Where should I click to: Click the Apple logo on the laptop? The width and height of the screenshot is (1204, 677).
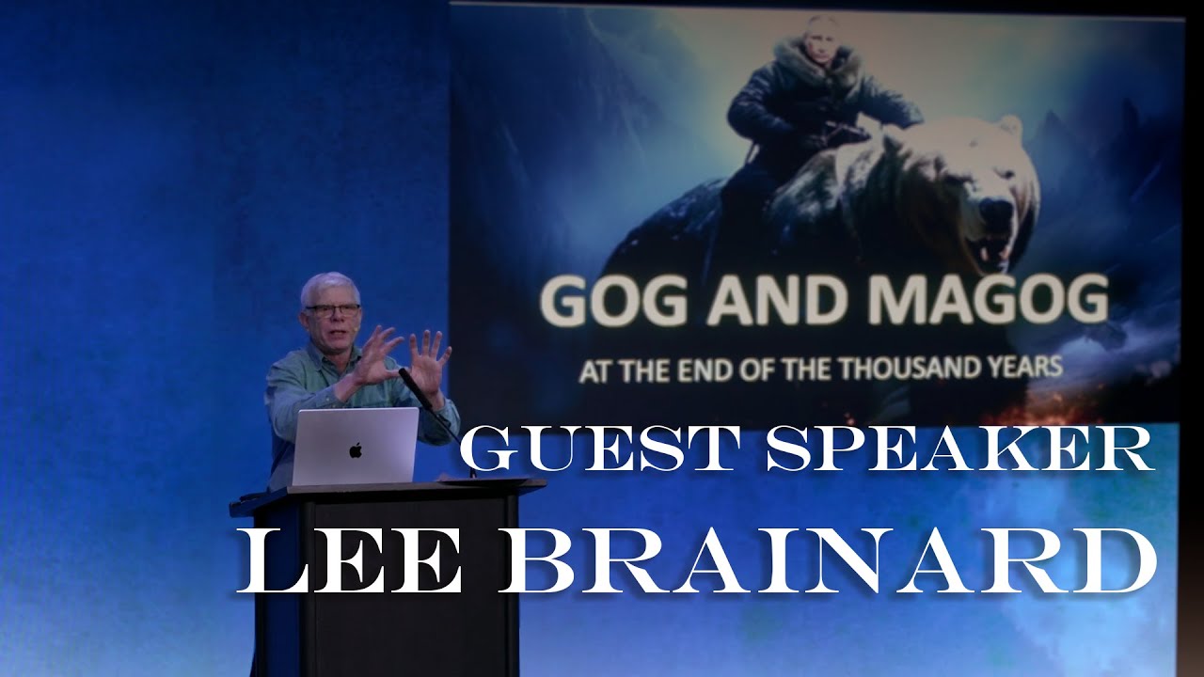coord(356,450)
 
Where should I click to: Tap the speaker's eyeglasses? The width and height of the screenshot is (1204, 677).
coord(332,308)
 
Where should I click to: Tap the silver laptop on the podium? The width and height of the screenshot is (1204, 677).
coord(355,447)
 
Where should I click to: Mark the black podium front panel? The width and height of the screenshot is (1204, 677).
coord(390,583)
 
